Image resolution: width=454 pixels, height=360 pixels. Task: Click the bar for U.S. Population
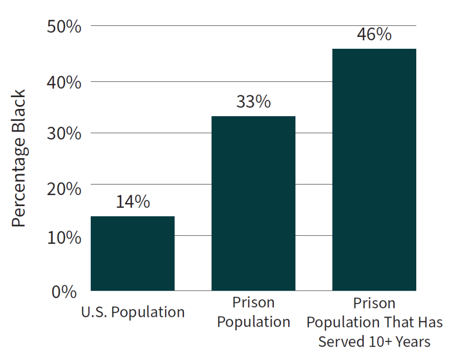pos(132,253)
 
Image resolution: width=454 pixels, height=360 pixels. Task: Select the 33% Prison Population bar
pos(253,203)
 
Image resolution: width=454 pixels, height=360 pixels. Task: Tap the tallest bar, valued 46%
pos(374,170)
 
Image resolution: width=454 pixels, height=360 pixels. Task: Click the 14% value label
pos(132,202)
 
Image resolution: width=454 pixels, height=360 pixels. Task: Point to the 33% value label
pos(253,102)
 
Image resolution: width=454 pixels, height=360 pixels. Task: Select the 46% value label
pos(374,34)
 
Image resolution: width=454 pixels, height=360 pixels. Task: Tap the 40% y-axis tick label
pos(64,82)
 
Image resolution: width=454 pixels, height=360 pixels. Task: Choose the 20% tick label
pos(64,188)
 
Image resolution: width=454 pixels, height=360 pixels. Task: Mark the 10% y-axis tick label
pos(64,237)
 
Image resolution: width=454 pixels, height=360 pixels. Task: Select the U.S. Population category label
pos(132,312)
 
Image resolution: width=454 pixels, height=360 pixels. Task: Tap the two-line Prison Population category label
pos(253,312)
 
